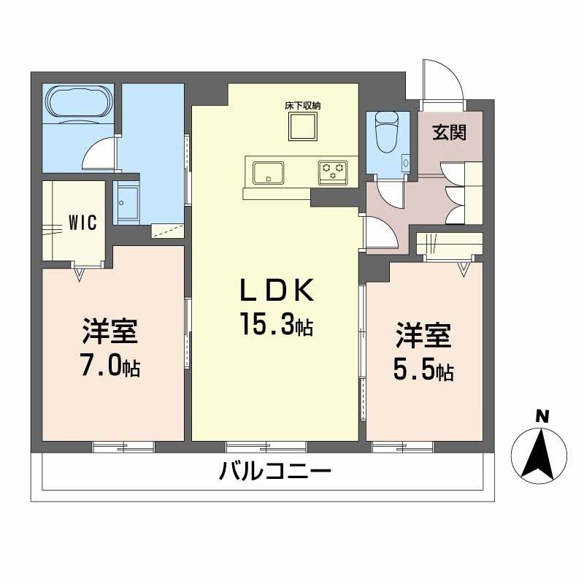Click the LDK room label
(277, 291)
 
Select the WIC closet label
(83, 223)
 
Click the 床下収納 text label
(303, 106)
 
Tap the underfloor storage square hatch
(303, 128)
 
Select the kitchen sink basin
(269, 173)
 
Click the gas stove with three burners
(334, 172)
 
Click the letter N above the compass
(541, 417)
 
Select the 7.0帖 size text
(109, 366)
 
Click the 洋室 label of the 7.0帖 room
(109, 333)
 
